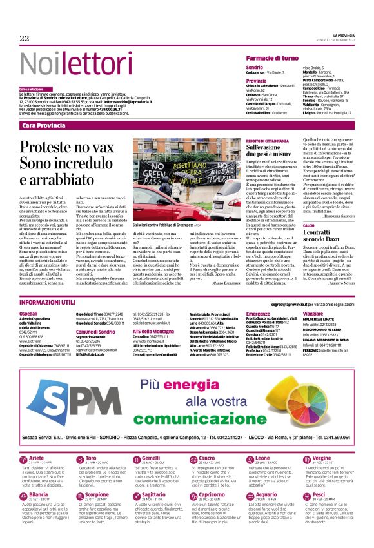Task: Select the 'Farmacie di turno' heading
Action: coord(272,58)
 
